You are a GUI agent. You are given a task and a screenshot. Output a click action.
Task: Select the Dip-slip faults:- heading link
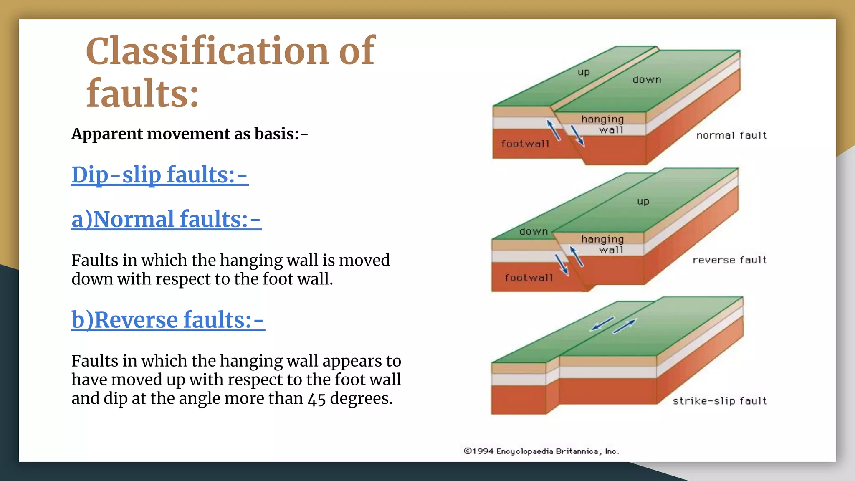pyautogui.click(x=160, y=175)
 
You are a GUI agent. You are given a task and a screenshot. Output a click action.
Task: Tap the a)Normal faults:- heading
pyautogui.click(x=167, y=219)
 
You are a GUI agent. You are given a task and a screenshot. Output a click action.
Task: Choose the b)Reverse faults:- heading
pyautogui.click(x=168, y=320)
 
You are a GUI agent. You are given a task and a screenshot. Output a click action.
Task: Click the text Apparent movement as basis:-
pyautogui.click(x=190, y=134)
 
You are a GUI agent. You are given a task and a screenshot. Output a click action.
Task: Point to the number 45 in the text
pyautogui.click(x=316, y=399)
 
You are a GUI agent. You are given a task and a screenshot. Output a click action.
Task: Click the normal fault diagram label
pyautogui.click(x=731, y=135)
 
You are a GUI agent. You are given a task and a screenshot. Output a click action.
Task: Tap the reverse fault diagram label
pyautogui.click(x=729, y=260)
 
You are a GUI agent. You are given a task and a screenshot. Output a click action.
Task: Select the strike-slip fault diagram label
pyautogui.click(x=719, y=401)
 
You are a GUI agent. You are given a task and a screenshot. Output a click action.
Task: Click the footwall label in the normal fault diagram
pyautogui.click(x=525, y=144)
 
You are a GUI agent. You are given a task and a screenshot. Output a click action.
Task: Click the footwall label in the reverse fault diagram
pyautogui.click(x=528, y=278)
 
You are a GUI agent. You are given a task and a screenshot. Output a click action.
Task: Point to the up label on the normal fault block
pyautogui.click(x=584, y=72)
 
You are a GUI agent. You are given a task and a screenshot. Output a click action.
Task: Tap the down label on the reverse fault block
pyautogui.click(x=533, y=232)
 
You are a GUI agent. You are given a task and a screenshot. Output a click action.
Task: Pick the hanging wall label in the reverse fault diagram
pyautogui.click(x=602, y=244)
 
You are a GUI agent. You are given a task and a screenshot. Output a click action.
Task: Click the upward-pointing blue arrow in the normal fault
pyautogui.click(x=554, y=130)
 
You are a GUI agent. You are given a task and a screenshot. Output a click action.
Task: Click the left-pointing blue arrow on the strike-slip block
pyautogui.click(x=602, y=323)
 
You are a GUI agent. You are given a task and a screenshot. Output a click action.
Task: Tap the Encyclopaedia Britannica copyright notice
pyautogui.click(x=541, y=451)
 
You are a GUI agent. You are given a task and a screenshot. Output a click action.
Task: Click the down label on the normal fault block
pyautogui.click(x=647, y=80)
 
